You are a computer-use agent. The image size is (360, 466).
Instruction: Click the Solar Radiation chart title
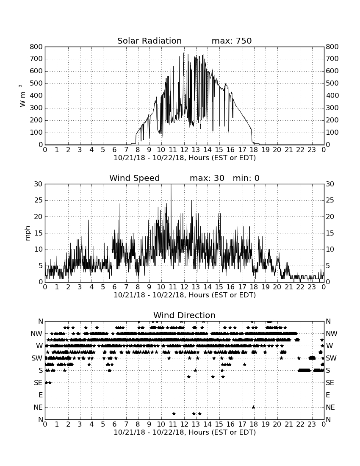coord(150,41)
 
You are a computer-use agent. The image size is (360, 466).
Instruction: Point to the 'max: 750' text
coord(232,41)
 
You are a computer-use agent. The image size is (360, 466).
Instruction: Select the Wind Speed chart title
coord(135,178)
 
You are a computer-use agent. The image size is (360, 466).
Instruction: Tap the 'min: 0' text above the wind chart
coord(246,178)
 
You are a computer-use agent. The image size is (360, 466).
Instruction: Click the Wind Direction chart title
coord(184,315)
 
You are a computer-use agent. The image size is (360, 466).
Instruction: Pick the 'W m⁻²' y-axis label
coord(22,96)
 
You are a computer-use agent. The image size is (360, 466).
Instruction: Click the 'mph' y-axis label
coord(28,233)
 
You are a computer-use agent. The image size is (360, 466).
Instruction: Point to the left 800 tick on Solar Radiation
coord(36,47)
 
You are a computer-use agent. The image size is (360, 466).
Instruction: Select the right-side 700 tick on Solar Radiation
coord(332,59)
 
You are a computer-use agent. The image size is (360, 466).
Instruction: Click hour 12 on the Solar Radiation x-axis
coord(184,150)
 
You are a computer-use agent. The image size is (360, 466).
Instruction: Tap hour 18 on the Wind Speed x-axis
coord(254,287)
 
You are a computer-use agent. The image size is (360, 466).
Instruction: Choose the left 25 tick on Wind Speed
coord(39,200)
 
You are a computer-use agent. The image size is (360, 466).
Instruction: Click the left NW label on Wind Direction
coord(36,333)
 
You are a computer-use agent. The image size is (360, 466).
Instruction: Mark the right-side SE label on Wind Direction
coord(330,383)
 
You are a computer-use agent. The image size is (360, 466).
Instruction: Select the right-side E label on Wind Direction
coord(328,395)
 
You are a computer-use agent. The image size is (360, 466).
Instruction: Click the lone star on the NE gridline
coord(253,407)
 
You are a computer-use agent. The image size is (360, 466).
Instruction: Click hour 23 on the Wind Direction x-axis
coord(312,424)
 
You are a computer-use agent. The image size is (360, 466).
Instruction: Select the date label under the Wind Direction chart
coord(185,432)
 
